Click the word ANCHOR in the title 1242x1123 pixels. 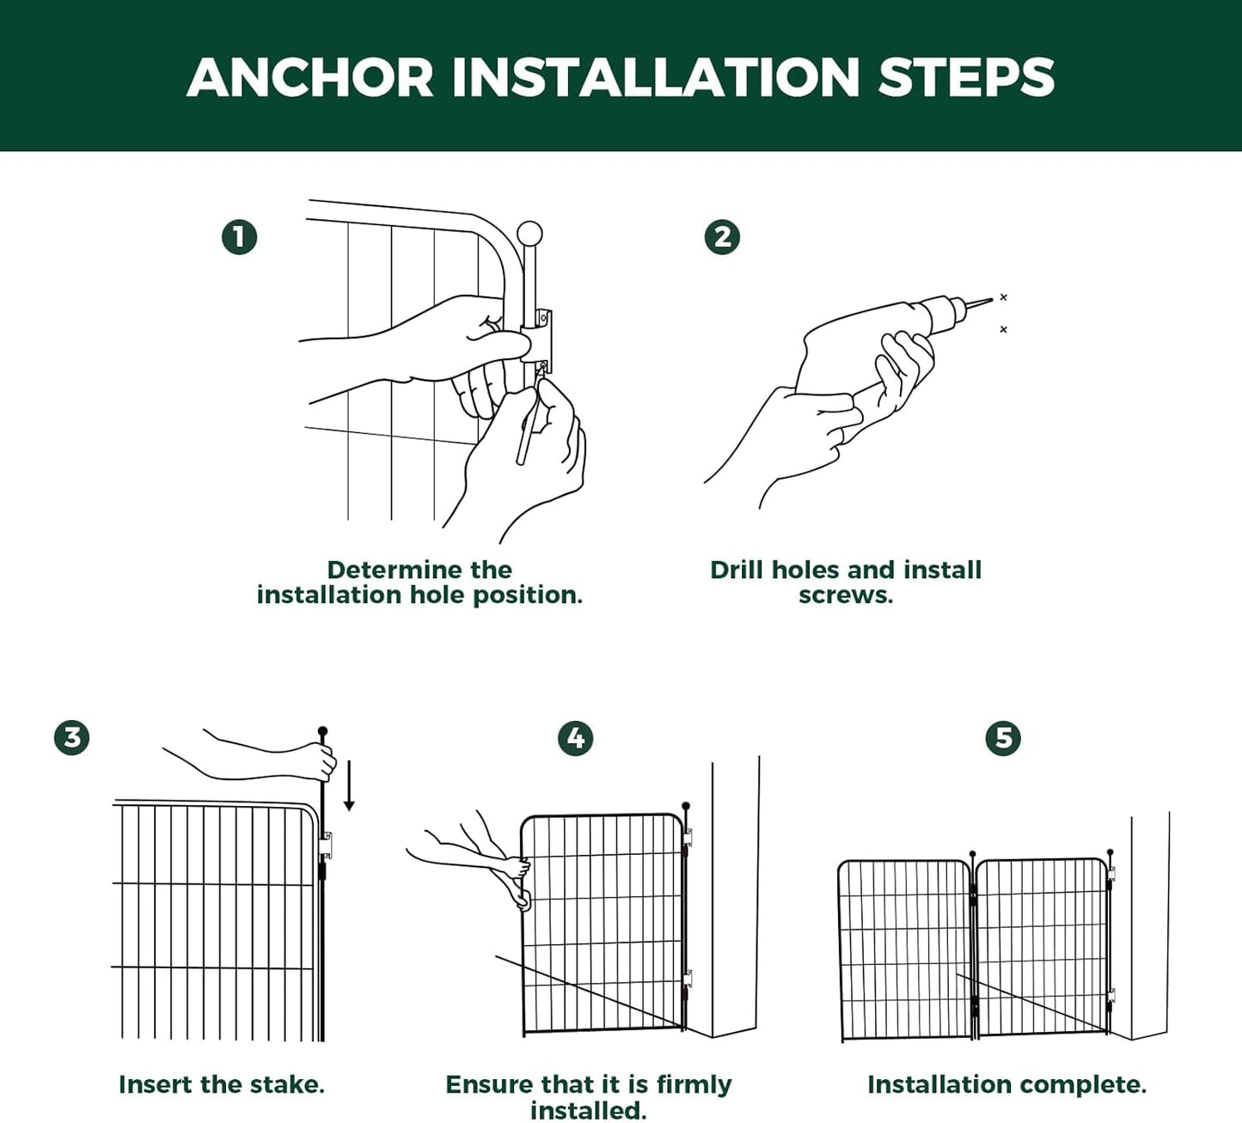click(310, 77)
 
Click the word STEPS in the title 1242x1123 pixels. click(966, 77)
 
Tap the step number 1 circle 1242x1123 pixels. click(239, 237)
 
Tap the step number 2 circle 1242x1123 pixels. click(722, 237)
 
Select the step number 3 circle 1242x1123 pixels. click(71, 737)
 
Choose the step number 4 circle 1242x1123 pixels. click(575, 738)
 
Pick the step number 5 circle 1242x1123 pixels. click(1003, 738)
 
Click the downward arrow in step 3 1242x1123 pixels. click(349, 785)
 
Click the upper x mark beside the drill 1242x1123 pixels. click(1003, 297)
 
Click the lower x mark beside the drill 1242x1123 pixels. click(1003, 329)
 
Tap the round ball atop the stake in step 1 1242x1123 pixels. click(529, 234)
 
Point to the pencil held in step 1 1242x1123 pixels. click(526, 430)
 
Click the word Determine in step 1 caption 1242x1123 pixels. click(395, 570)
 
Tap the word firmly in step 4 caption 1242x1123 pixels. click(693, 1084)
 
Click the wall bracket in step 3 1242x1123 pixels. click(326, 845)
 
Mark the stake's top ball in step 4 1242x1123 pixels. click(686, 807)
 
